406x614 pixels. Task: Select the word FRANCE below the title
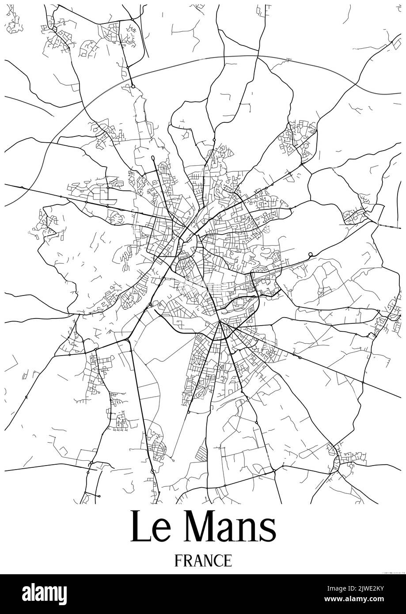click(203, 561)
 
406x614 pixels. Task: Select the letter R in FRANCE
click(188, 561)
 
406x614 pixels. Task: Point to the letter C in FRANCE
click(218, 561)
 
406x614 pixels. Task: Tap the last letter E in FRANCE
click(228, 561)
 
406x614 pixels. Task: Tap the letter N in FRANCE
click(208, 561)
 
